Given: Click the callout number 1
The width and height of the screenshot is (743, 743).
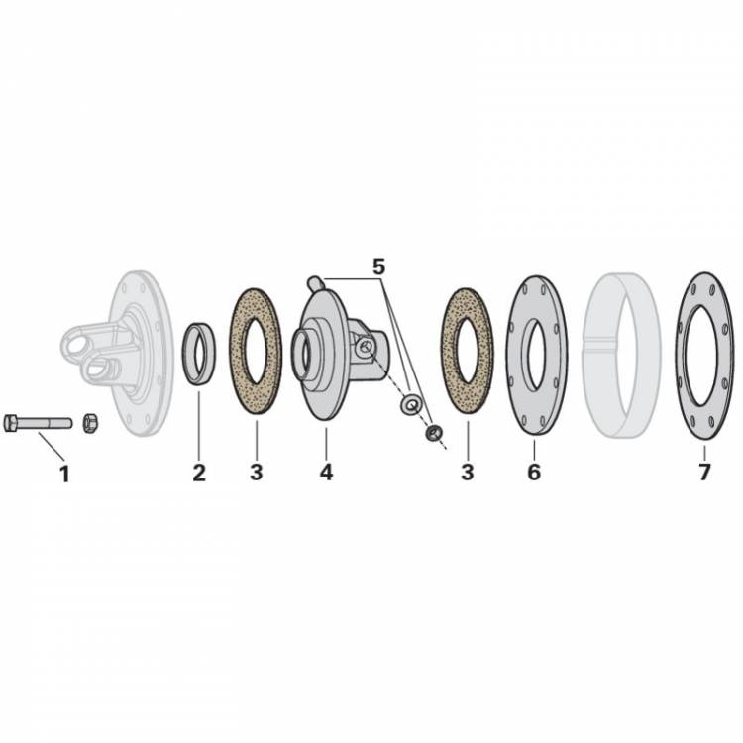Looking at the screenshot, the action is (64, 474).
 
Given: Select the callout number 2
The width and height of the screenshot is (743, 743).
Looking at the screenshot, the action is (199, 473).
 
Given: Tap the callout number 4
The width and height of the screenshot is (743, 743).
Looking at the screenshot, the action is (326, 472).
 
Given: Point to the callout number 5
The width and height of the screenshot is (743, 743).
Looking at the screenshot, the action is (378, 267).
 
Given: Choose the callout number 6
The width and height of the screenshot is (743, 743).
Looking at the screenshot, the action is (534, 472).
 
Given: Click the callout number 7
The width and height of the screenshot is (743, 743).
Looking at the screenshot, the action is (704, 472).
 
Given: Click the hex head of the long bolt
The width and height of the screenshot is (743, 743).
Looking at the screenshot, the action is (10, 423).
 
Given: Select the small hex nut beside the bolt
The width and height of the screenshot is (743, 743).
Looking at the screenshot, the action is (88, 423).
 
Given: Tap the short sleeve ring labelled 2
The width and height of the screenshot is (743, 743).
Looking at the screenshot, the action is (198, 354).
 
